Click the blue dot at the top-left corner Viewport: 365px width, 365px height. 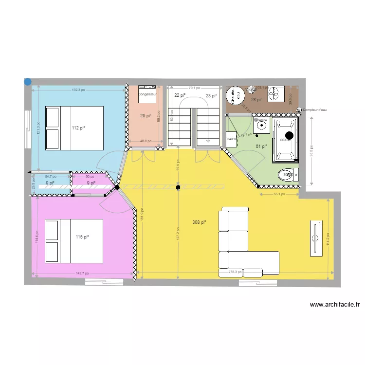pos(28,82)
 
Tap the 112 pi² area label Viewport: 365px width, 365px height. pos(78,128)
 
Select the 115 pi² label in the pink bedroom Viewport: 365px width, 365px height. pos(82,237)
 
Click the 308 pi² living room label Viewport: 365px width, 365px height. pos(199,222)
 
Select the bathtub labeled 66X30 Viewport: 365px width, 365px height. pos(286,140)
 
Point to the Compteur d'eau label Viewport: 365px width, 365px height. pos(315,110)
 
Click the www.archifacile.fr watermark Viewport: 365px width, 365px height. pos(335,305)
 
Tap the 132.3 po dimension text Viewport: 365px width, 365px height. pos(78,90)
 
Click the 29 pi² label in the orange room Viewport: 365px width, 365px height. pos(146,116)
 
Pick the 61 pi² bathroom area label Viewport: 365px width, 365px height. pos(261,146)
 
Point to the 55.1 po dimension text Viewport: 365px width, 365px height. pos(278,194)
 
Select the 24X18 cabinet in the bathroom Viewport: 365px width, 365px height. pos(232,139)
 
